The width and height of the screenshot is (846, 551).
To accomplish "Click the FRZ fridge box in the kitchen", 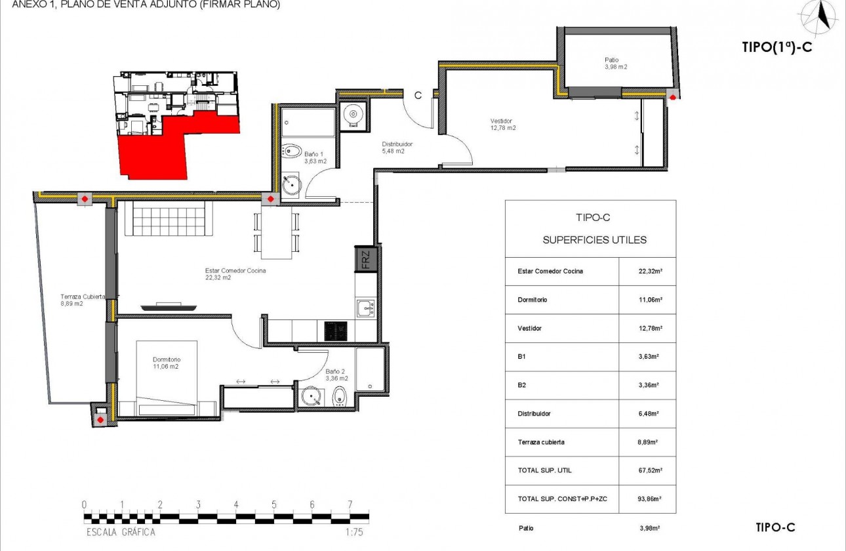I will (365, 259).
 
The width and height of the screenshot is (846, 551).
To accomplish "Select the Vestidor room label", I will (503, 125).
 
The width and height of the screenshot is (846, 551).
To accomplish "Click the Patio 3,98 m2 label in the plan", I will (616, 64).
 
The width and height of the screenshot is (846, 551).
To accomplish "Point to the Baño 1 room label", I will (315, 157).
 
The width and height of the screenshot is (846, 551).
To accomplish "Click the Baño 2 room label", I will (336, 375).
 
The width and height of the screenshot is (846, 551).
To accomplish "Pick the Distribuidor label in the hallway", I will (398, 148).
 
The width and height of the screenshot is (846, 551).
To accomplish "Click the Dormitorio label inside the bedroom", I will (166, 363).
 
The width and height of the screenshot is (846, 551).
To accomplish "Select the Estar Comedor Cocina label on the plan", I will (234, 274).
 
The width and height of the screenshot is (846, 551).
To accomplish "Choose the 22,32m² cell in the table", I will (648, 271).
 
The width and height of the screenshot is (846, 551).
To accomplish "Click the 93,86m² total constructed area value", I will (648, 499).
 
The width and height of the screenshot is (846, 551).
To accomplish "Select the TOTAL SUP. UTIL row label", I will (544, 470).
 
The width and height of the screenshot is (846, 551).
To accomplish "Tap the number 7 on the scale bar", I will (350, 504).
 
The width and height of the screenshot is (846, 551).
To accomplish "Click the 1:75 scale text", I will (353, 532).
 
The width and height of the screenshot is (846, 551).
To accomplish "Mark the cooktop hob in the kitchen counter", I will (336, 331).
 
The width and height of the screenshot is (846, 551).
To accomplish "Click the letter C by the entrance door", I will (417, 95).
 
